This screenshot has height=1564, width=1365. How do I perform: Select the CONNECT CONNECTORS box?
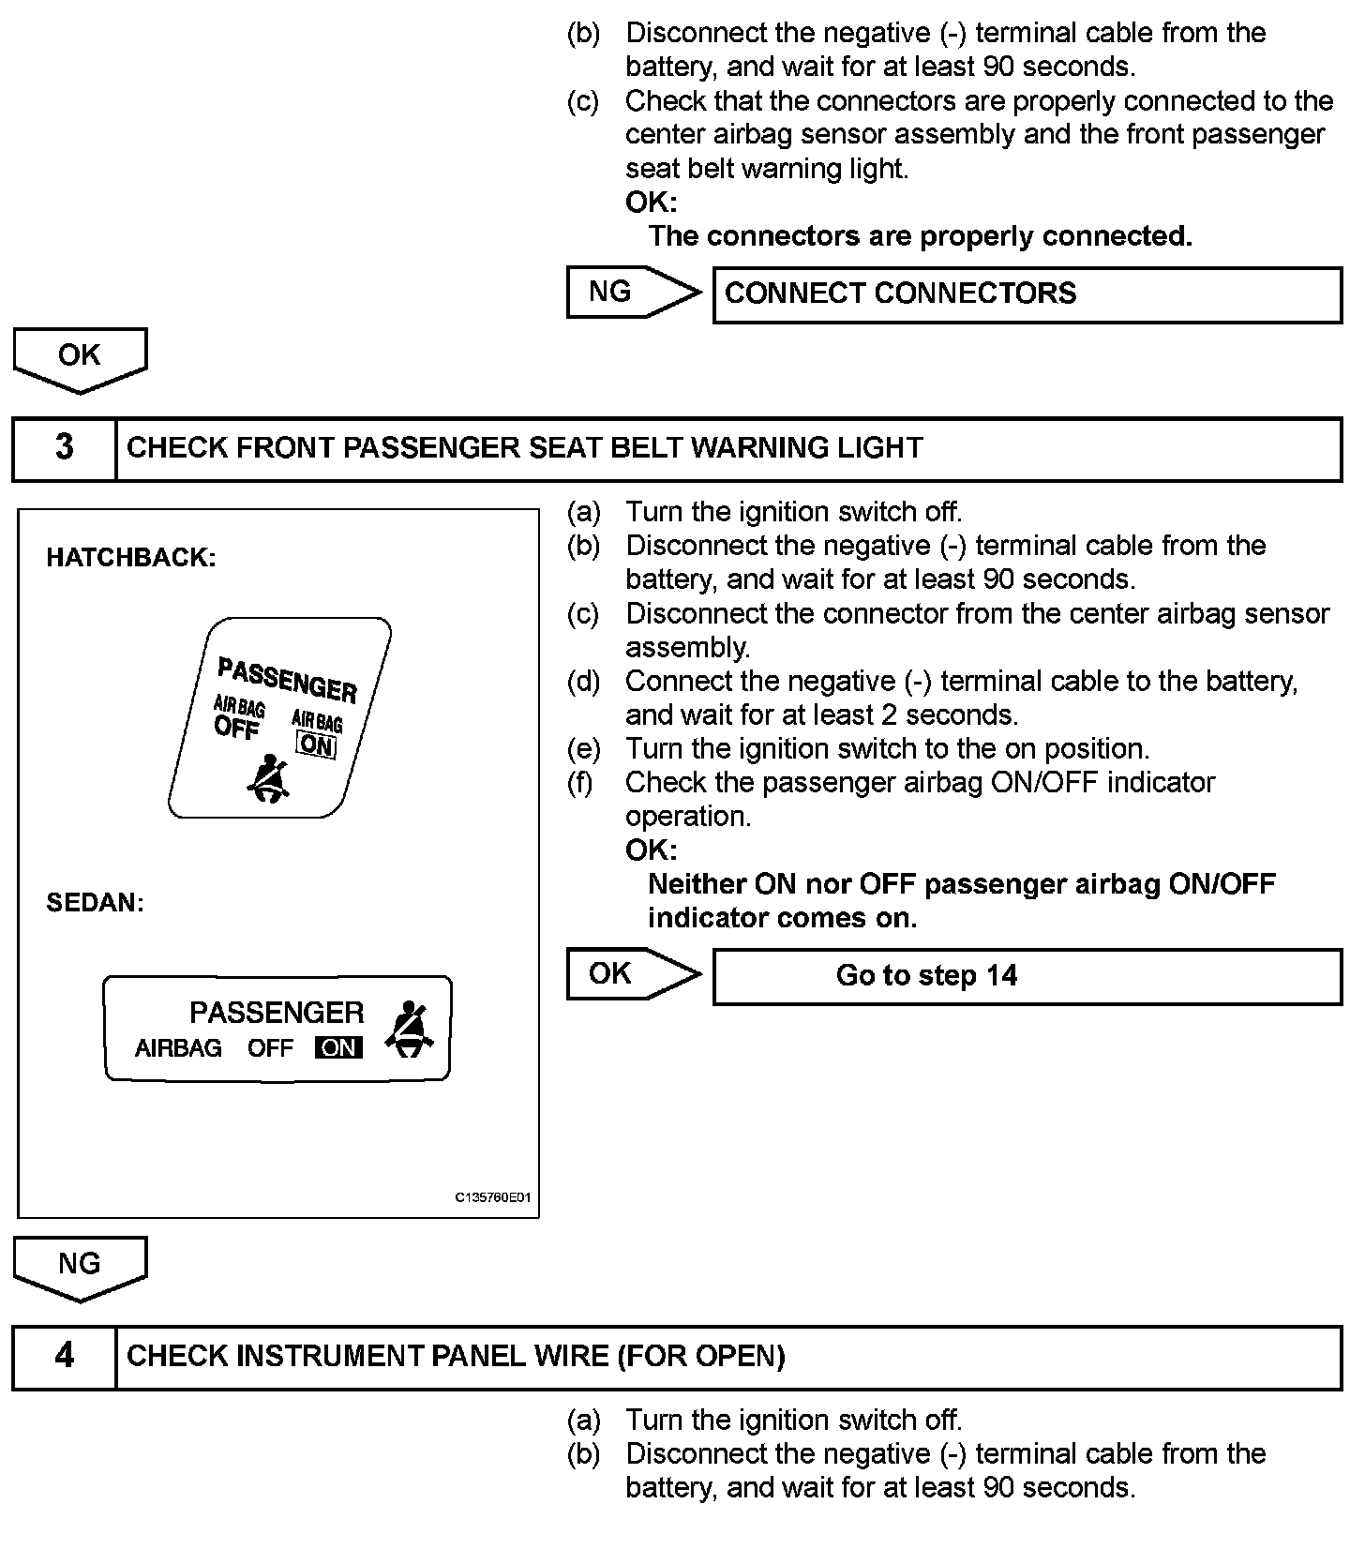(1027, 294)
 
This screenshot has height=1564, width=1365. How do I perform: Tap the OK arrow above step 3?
(80, 358)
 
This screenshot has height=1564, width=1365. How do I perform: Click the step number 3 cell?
(64, 447)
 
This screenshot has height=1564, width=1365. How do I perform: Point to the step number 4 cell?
(64, 1356)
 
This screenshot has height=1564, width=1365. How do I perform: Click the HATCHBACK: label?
(131, 558)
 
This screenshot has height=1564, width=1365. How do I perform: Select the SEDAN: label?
(96, 903)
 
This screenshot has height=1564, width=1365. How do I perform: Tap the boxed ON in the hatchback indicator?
(316, 746)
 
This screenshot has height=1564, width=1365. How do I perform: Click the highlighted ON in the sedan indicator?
(338, 1047)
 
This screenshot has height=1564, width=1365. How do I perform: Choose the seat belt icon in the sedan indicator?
(410, 1030)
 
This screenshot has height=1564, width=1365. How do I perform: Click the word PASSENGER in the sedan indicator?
(277, 1013)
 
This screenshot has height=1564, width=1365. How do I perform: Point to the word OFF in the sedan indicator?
(270, 1047)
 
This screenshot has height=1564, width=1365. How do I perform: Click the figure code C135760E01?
(493, 1197)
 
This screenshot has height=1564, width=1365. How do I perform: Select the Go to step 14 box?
(1027, 976)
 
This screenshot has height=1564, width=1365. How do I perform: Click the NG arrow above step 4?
(80, 1267)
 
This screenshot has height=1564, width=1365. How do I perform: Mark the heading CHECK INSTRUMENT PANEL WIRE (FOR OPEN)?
(456, 1356)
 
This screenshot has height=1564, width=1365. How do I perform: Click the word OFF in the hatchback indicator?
(235, 728)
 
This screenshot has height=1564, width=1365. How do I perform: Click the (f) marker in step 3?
(580, 783)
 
